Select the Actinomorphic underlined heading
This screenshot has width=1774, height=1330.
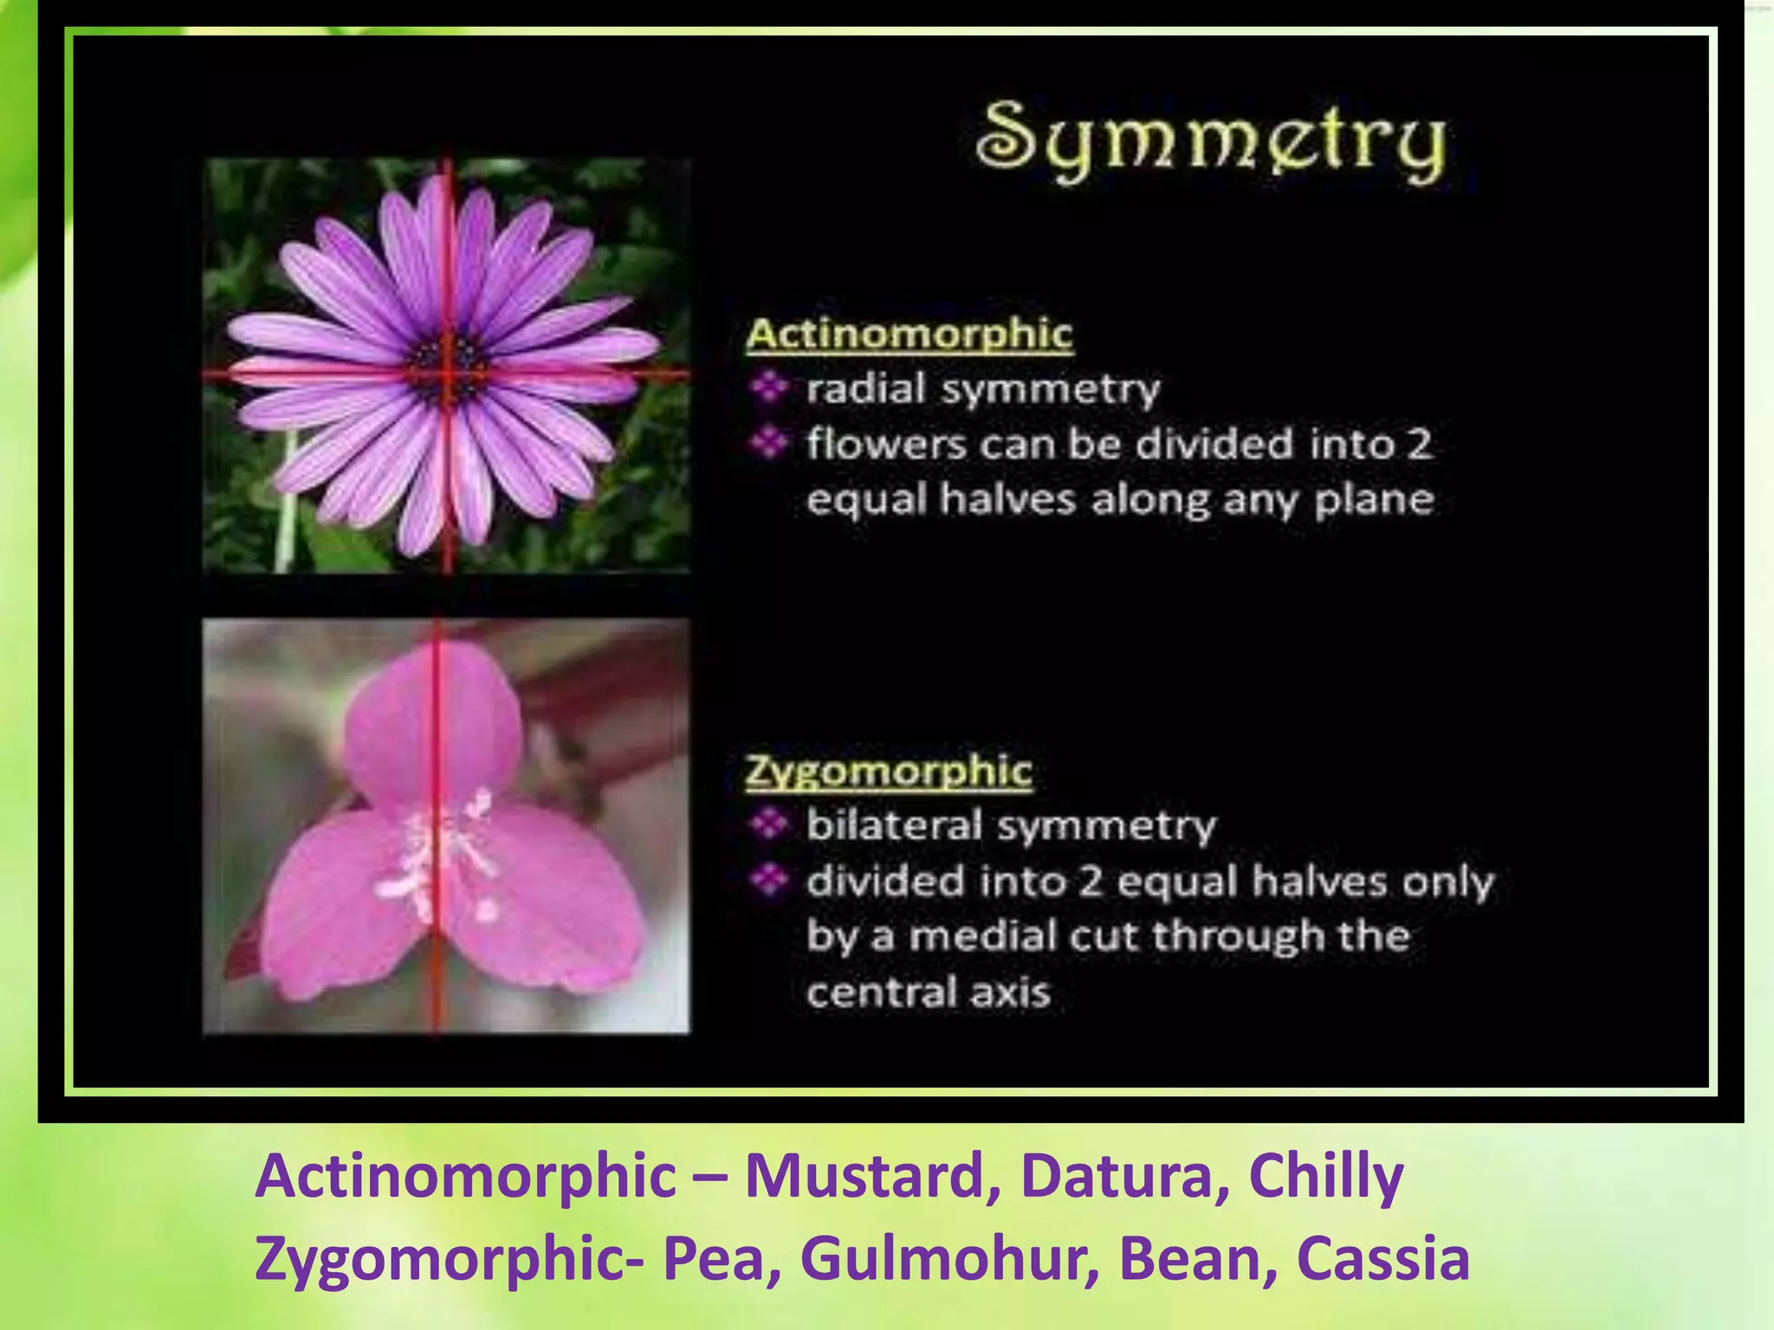point(910,334)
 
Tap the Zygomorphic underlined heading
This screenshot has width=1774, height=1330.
point(889,771)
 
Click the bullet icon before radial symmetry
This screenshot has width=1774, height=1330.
point(768,387)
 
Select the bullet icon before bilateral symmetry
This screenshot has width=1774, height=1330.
point(768,824)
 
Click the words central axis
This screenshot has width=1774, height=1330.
point(929,992)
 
